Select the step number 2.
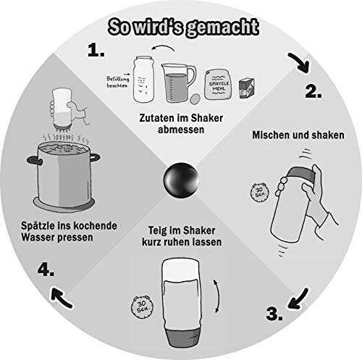pos(313,92)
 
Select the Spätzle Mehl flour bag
pos(219,85)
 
